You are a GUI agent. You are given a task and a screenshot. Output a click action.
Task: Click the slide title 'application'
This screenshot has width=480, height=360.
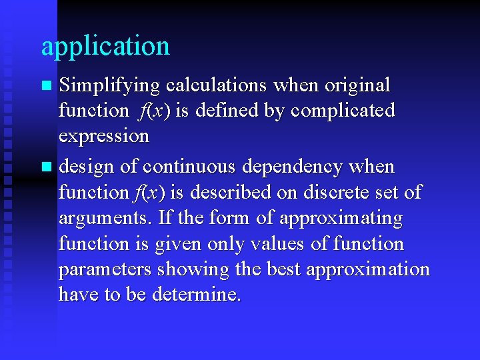105,47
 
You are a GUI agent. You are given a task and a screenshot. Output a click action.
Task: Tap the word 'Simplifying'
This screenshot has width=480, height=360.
109,86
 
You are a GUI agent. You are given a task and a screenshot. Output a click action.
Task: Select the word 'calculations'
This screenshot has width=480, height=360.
216,85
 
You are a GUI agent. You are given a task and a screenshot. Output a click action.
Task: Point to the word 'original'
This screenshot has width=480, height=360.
357,85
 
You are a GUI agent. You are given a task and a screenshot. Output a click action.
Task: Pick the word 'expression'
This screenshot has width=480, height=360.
104,137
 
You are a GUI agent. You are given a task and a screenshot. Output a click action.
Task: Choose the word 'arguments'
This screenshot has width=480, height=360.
104,219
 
